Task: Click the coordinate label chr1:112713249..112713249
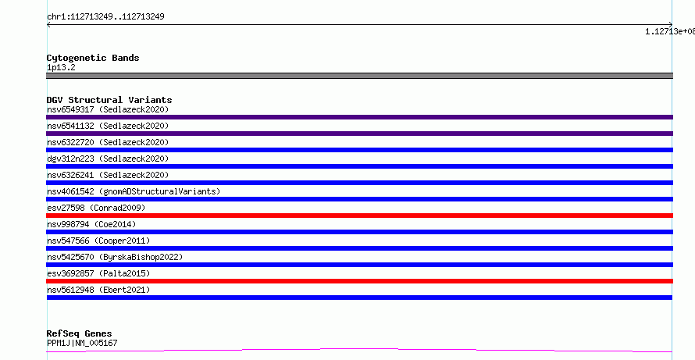[105, 17]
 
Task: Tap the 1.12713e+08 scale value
[670, 31]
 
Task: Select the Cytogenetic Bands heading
[93, 58]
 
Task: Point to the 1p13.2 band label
[61, 67]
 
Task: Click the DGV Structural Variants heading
[109, 100]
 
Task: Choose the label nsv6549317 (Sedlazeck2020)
[108, 109]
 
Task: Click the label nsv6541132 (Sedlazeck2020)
[108, 126]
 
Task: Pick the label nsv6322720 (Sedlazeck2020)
[108, 142]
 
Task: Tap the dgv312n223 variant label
[108, 159]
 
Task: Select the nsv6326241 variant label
[108, 175]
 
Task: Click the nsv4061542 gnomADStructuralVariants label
[134, 191]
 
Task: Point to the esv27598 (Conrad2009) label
[96, 208]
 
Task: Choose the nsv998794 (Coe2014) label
[91, 224]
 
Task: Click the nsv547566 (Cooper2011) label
[98, 241]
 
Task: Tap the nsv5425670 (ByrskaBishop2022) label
[115, 257]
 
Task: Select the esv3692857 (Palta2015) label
[98, 273]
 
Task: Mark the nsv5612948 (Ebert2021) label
[98, 290]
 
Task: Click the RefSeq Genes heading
[80, 333]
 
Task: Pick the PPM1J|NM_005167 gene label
[82, 343]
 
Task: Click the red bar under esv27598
[359, 216]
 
